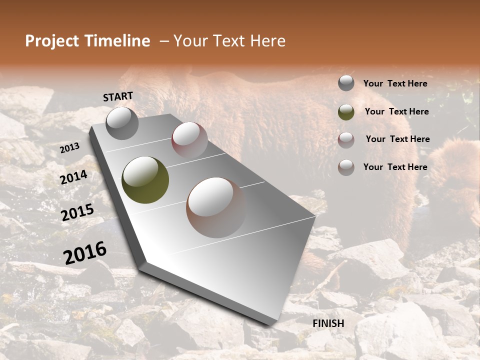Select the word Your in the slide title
pos(190,41)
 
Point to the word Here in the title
pos(268,41)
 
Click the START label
pos(118,96)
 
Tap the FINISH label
pos(328,323)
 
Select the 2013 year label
pos(69,148)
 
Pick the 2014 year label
pos(73,177)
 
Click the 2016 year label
pos(85,252)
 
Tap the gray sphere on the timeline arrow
pos(122,123)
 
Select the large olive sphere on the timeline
pos(145,180)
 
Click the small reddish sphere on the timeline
pos(189,139)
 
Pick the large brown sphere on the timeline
pos(216,207)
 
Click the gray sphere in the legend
pos(346,83)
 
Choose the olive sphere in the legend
pos(346,111)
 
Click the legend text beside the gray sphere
pos(395,83)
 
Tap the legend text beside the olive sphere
pos(396,111)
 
